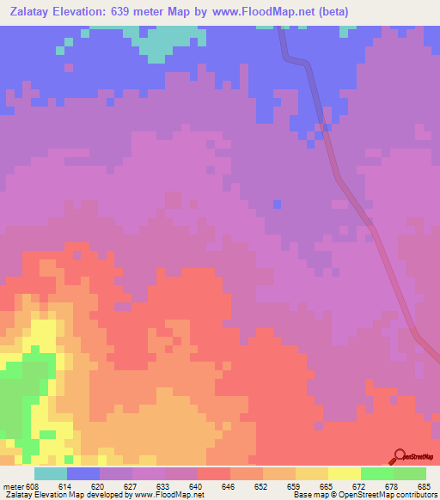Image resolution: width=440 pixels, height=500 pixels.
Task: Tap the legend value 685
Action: point(421,485)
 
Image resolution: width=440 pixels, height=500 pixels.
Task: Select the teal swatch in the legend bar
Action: point(51,473)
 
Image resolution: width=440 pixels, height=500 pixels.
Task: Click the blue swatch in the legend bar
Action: point(83,473)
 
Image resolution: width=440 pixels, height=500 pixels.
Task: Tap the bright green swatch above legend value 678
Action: point(376,473)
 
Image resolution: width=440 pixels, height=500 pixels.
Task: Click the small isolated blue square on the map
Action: point(277,204)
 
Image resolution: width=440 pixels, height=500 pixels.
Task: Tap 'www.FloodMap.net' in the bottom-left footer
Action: point(167,495)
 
